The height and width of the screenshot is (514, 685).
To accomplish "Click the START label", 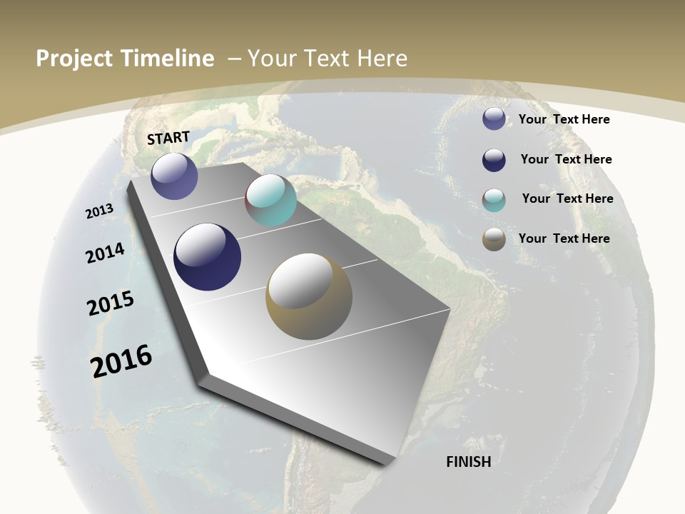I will [168, 138].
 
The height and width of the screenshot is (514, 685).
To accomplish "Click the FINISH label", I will [468, 462].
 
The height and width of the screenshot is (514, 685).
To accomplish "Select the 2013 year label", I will [100, 211].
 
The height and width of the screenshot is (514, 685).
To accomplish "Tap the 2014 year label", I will [106, 253].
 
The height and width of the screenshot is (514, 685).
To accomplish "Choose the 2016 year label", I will [121, 361].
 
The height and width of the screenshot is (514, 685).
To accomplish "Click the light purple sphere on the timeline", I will [174, 176].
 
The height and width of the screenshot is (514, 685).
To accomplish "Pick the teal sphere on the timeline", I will [270, 200].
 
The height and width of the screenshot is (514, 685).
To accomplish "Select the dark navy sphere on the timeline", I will [208, 257].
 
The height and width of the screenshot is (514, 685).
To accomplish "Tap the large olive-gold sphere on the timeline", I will [309, 296].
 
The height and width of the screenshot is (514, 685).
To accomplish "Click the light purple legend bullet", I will [494, 119].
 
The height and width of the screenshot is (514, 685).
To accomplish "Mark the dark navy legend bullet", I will [494, 160].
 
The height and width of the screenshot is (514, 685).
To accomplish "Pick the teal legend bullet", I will [494, 200].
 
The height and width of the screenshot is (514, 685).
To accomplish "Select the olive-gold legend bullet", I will [494, 240].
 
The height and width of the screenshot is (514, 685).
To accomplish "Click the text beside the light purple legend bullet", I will [564, 119].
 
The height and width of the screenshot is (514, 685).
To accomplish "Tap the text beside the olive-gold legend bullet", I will [564, 238].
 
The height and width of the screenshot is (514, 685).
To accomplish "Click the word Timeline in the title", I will [168, 59].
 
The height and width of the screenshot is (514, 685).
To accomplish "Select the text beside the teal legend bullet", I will [567, 198].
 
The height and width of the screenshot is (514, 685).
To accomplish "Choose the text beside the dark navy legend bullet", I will [566, 159].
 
